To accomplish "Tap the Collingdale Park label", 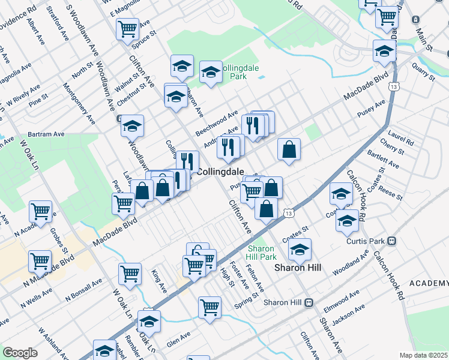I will coord(240,73).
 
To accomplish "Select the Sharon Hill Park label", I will coord(262,253).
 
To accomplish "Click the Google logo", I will coord(20,353).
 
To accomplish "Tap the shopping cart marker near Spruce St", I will coord(127,28).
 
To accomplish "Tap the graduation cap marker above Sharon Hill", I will coord(300,249).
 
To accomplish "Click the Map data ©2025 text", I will coord(423,355).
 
